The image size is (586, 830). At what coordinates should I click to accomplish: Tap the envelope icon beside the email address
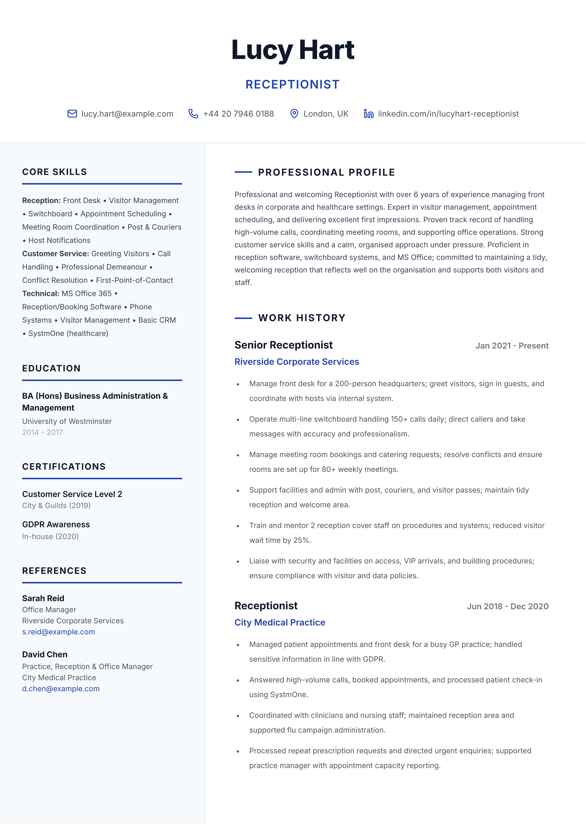[72, 114]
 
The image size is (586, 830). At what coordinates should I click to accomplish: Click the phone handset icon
[193, 114]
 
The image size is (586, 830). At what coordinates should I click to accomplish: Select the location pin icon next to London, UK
[294, 114]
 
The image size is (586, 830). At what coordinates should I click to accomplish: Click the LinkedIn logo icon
[368, 114]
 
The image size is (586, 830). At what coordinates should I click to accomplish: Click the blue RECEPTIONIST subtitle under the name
[292, 85]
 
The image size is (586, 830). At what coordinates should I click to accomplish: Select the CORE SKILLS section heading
[55, 172]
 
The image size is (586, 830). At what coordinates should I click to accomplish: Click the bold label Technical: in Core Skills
[40, 294]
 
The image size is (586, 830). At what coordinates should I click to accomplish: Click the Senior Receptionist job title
[283, 345]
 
